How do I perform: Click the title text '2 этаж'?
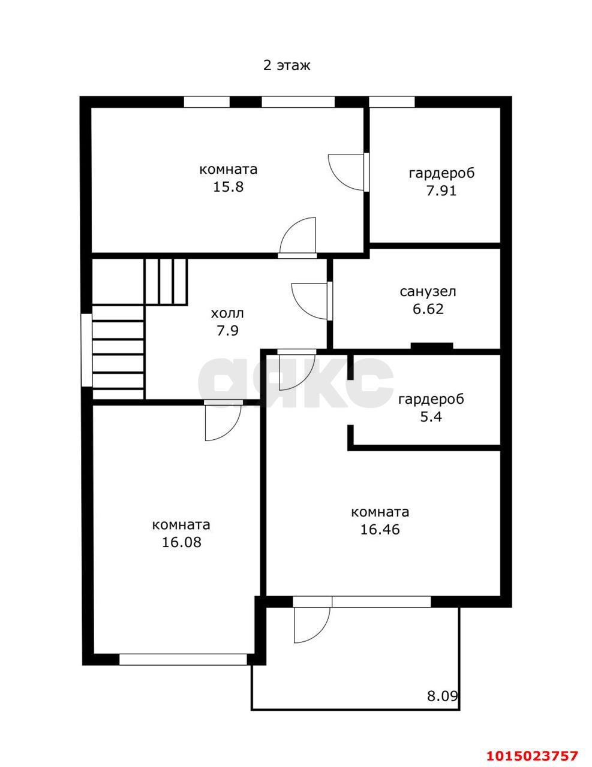tap(287, 66)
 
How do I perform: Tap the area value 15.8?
tap(228, 187)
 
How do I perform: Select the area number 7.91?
tap(441, 191)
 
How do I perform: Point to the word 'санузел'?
tap(428, 292)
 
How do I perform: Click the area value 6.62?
tap(428, 309)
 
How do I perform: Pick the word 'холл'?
tap(227, 313)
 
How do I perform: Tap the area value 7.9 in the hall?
tap(227, 331)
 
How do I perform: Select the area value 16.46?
tap(380, 530)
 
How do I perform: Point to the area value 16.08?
tap(182, 542)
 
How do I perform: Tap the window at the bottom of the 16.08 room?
tap(184, 659)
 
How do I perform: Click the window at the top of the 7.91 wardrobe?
tap(392, 102)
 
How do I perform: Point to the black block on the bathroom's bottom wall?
tap(432, 346)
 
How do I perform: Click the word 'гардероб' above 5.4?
tap(431, 400)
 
